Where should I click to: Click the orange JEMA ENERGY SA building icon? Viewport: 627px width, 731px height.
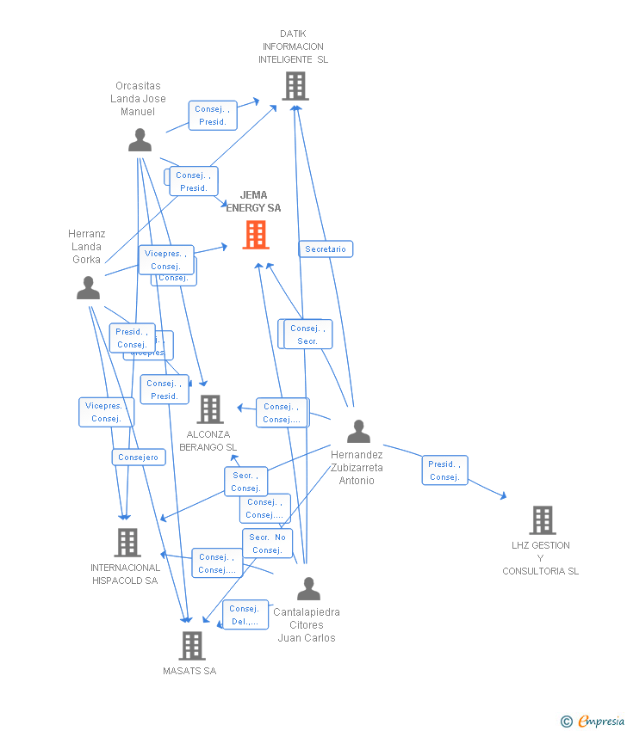[x=256, y=235]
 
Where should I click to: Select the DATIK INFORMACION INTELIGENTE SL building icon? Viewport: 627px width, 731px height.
[x=295, y=86]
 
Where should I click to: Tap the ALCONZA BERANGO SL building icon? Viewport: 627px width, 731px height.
[x=209, y=409]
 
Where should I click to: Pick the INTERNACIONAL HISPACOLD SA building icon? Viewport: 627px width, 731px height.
[x=127, y=542]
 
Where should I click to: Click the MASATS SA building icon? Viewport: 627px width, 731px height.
[x=191, y=645]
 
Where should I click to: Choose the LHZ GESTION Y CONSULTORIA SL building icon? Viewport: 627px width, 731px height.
[x=542, y=519]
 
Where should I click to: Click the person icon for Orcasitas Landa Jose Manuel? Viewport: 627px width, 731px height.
[x=140, y=140]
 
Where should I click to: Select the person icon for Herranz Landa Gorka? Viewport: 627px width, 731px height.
[x=88, y=288]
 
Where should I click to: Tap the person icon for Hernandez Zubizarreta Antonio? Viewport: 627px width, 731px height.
[x=358, y=431]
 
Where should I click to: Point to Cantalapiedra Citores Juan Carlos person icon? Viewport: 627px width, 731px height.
[x=307, y=589]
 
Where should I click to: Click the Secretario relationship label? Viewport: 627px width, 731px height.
[x=326, y=249]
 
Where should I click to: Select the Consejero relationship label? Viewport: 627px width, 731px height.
[x=139, y=458]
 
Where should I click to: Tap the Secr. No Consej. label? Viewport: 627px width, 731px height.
[x=268, y=544]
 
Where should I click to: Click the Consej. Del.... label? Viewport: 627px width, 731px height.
[x=245, y=615]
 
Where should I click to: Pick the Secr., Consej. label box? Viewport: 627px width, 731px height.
[x=245, y=482]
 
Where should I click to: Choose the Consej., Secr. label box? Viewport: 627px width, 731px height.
[x=307, y=335]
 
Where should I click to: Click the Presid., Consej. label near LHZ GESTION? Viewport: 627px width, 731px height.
[x=444, y=470]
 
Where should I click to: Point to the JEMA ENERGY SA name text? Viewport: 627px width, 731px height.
[x=254, y=201]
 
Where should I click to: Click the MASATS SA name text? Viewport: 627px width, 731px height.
[x=189, y=671]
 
